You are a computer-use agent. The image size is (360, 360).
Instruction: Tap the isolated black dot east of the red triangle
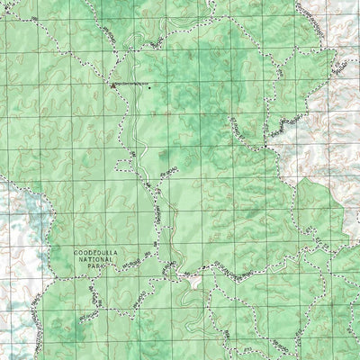pos(150,88)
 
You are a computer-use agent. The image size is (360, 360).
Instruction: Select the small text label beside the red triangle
pos(131,85)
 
